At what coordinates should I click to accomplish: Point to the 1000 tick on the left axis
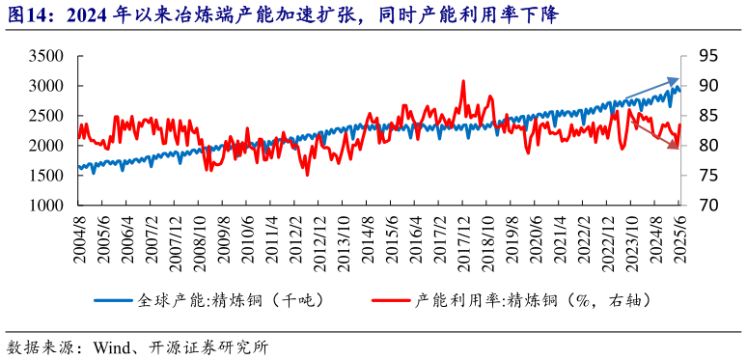pyautogui.click(x=45, y=206)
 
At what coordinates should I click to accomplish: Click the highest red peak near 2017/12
pyautogui.click(x=463, y=81)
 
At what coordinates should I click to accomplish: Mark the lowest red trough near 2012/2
pyautogui.click(x=308, y=175)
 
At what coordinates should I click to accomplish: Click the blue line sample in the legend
pyautogui.click(x=115, y=300)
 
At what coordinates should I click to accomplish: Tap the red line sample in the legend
pyautogui.click(x=392, y=300)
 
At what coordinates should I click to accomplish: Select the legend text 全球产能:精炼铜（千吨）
pyautogui.click(x=233, y=300)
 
